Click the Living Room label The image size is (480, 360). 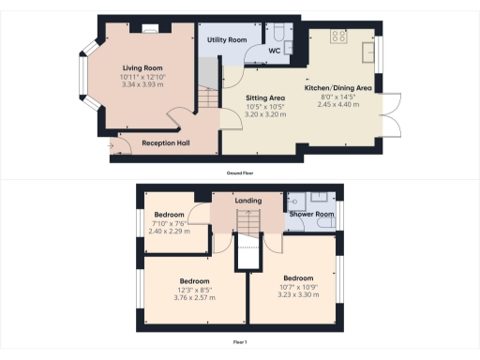point(142,67)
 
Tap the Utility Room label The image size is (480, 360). point(227,40)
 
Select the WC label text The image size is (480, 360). point(275,50)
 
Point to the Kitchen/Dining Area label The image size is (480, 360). point(338,88)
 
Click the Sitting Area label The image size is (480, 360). point(265,97)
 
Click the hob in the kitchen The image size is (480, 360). point(338,38)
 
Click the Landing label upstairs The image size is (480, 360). point(247,201)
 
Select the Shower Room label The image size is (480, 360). point(312,214)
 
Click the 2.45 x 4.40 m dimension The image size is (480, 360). point(338,103)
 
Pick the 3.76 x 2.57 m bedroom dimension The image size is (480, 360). point(194,297)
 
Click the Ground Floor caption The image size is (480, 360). point(239,173)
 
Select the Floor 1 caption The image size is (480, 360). point(239,343)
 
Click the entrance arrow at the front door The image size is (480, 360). point(112,145)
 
